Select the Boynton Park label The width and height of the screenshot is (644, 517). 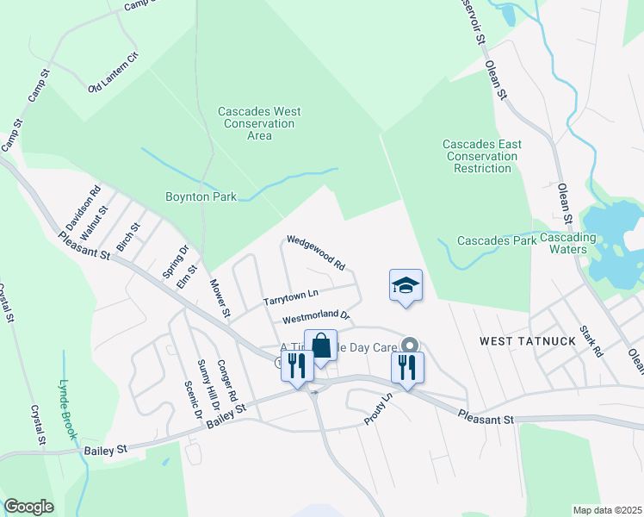pos(201,196)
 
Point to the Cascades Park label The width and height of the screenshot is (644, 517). pos(496,240)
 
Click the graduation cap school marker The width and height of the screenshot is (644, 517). pos(406,285)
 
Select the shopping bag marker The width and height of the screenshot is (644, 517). pos(320,346)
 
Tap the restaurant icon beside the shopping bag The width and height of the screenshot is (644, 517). pos(296,365)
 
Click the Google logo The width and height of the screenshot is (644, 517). pos(28,507)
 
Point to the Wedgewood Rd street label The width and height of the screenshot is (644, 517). pos(316,252)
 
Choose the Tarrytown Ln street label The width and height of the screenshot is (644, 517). pos(291,298)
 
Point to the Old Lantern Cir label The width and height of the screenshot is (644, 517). pos(113,74)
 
